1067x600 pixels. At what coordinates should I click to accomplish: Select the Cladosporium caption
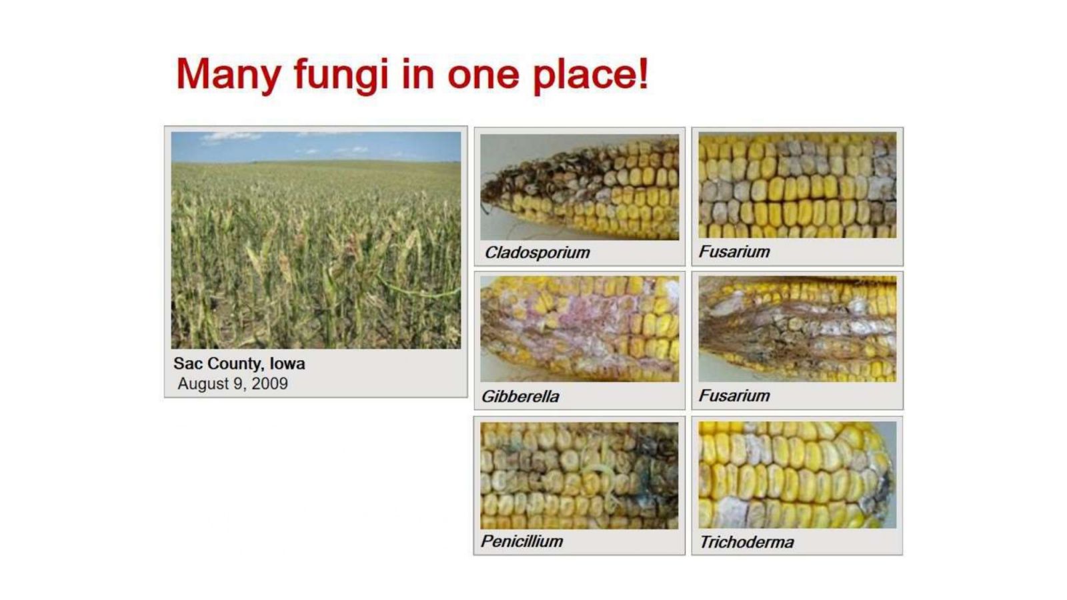point(538,253)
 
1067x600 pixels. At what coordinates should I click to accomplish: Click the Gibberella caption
point(520,396)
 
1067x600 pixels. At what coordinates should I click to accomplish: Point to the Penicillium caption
point(522,541)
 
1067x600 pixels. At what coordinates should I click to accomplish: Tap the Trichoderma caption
point(747,542)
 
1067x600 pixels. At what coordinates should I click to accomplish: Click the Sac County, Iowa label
point(239,364)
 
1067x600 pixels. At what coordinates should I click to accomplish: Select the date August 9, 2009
point(233,383)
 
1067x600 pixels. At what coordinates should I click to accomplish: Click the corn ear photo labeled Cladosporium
point(580,187)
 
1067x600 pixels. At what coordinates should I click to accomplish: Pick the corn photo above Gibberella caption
point(580,329)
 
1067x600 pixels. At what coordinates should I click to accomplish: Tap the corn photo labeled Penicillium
point(580,475)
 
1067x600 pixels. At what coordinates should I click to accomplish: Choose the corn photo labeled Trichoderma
point(798,475)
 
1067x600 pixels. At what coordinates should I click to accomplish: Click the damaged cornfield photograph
point(316,241)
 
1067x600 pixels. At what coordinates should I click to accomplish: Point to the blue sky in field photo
point(316,147)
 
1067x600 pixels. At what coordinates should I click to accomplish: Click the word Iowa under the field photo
point(287,364)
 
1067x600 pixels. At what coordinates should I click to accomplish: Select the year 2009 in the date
point(269,383)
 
